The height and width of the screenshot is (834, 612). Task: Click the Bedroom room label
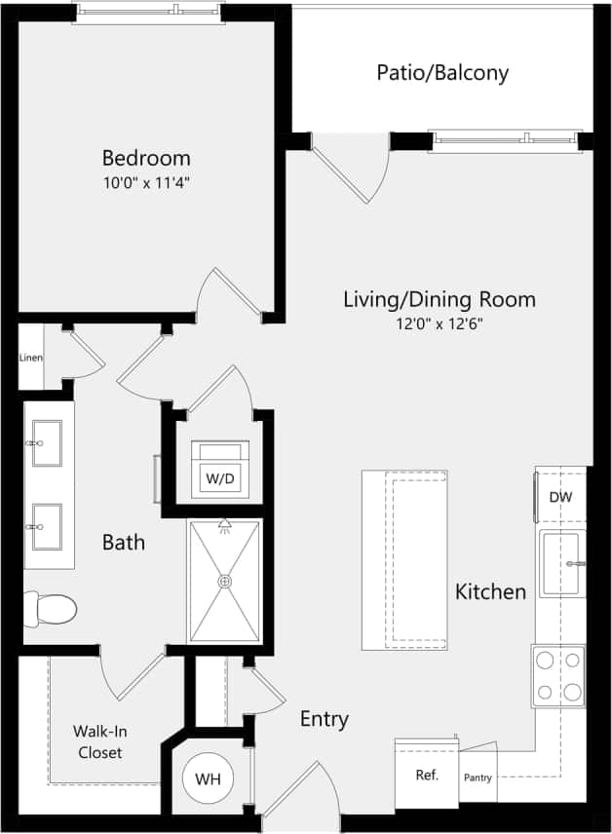(x=146, y=158)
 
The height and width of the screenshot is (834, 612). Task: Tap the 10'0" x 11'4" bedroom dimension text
(x=146, y=182)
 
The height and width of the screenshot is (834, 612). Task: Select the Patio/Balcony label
(x=442, y=73)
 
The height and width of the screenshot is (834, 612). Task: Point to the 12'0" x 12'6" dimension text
(x=439, y=323)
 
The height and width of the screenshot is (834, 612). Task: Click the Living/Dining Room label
(x=439, y=299)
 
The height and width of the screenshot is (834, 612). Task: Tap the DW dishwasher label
(x=560, y=497)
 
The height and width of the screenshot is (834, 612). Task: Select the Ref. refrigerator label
(x=427, y=776)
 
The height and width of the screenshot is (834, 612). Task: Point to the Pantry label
(x=478, y=777)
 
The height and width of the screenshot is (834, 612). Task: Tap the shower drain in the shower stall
(x=225, y=582)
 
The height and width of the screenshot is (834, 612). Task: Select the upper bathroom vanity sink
(x=45, y=443)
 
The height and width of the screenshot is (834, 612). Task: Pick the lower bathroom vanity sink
(x=45, y=527)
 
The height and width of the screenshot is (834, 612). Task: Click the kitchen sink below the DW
(x=560, y=564)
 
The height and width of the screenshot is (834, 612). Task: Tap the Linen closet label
(x=30, y=358)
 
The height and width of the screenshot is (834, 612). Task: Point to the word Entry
(x=324, y=720)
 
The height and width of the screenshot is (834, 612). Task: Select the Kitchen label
(x=490, y=591)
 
